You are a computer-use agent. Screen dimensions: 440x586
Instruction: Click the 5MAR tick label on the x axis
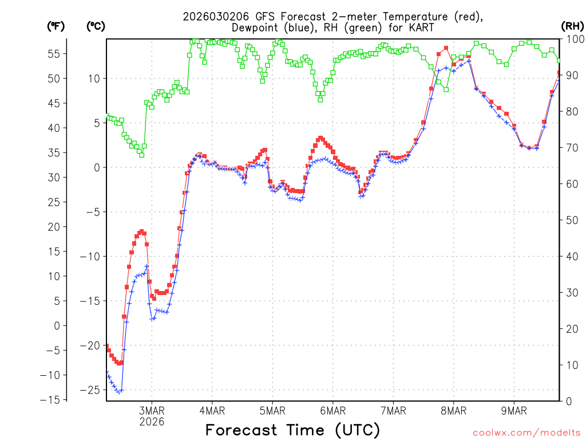click(x=272, y=411)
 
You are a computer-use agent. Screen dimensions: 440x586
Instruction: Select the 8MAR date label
click(x=453, y=411)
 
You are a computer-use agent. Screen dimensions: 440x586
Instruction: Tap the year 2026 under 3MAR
click(x=152, y=422)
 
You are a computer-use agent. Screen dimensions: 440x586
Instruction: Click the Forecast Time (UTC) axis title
click(x=292, y=430)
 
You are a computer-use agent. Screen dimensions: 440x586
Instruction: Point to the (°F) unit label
click(x=56, y=26)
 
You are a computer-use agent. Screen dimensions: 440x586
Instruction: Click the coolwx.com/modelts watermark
click(x=526, y=432)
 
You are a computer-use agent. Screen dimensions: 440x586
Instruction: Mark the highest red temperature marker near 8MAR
click(x=446, y=48)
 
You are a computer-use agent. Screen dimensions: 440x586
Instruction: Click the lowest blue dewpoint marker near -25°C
click(x=119, y=392)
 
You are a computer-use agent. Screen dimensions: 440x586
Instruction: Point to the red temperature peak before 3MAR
click(x=141, y=231)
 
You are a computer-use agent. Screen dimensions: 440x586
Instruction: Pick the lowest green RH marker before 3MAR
click(x=141, y=155)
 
